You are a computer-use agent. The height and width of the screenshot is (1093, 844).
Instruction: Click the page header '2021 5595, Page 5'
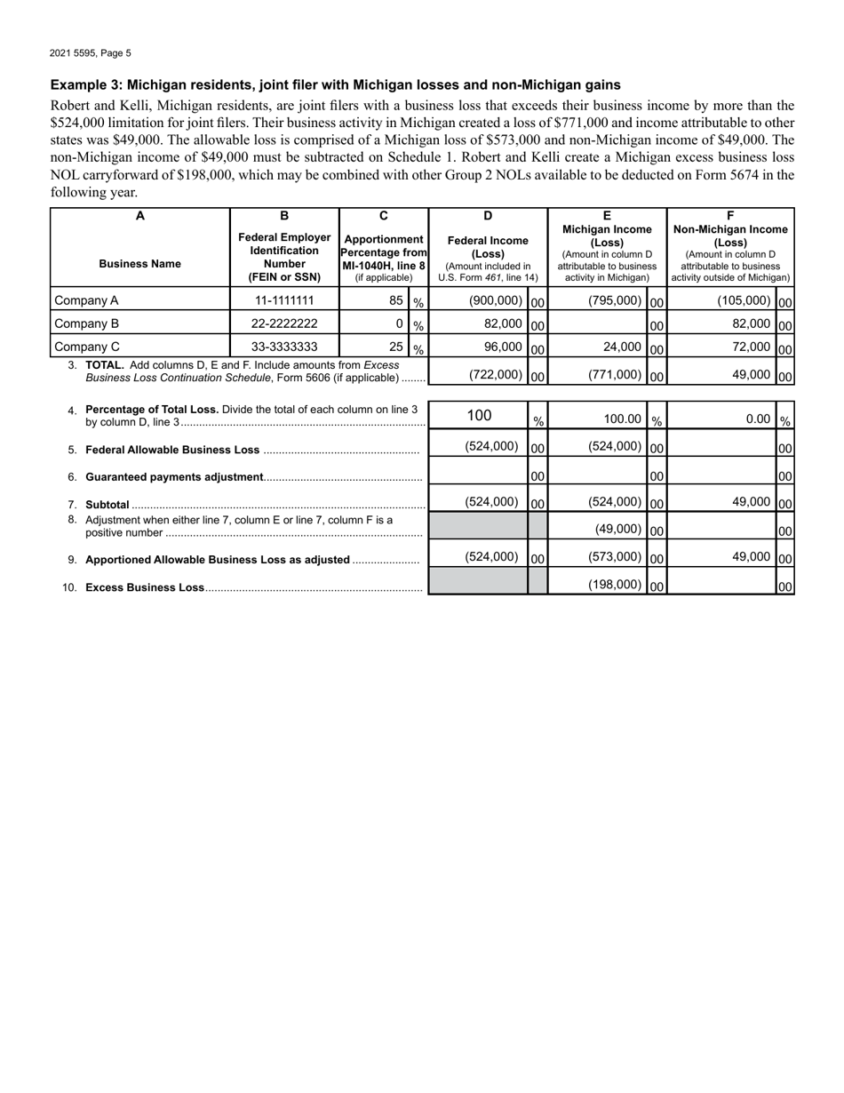tap(91, 53)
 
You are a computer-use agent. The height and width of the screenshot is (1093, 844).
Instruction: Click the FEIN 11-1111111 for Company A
tap(284, 300)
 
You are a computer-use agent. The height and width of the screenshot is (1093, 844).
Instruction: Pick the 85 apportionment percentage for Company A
tap(396, 300)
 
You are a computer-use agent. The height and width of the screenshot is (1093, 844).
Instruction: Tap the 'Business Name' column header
tap(139, 264)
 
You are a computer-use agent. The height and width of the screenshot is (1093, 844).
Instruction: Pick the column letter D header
tap(488, 215)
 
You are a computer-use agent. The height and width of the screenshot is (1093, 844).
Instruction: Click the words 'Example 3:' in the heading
tap(85, 85)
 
